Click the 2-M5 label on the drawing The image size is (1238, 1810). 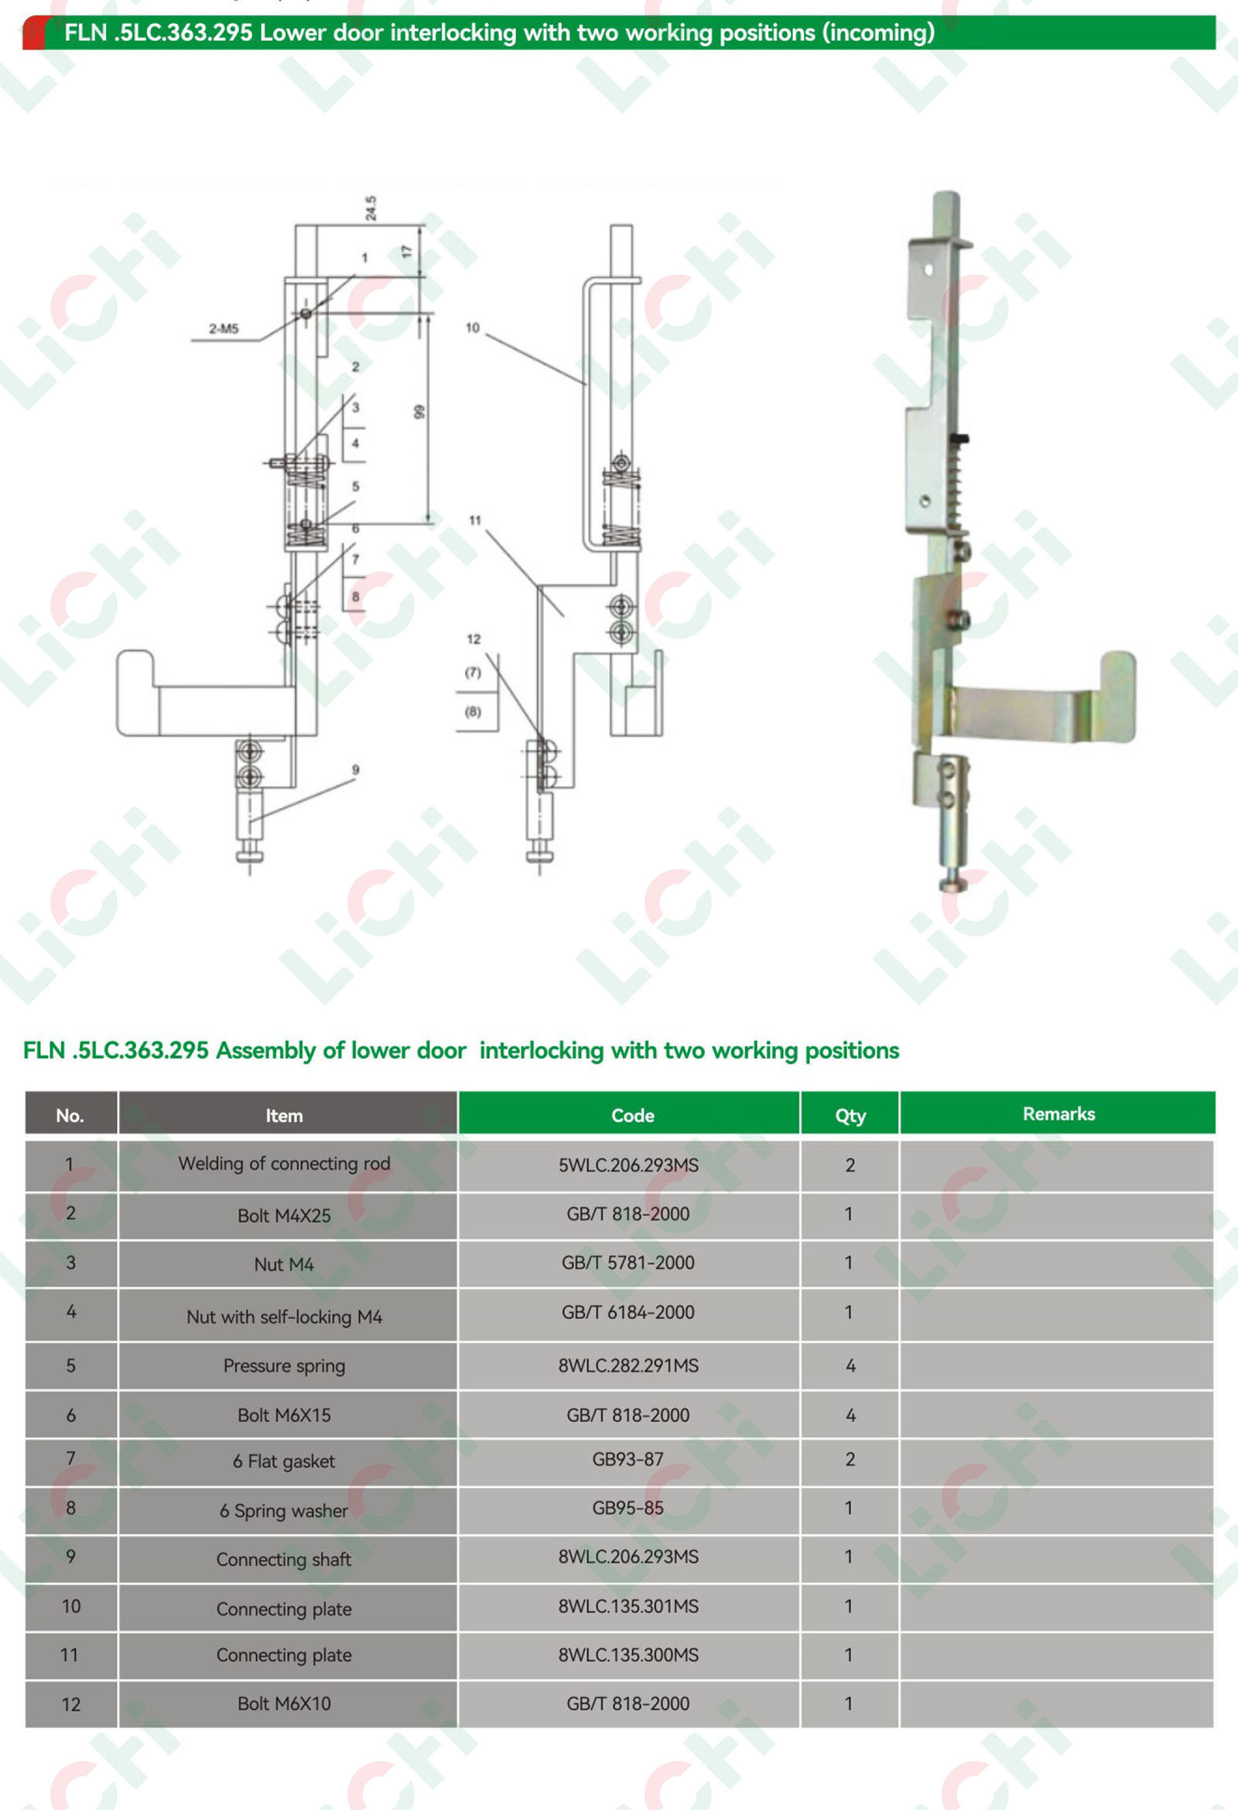(x=224, y=329)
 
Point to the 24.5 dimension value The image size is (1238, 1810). (x=371, y=208)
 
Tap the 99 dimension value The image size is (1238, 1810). (x=419, y=411)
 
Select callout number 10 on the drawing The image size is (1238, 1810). (x=473, y=328)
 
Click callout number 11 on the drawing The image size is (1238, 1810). (x=475, y=520)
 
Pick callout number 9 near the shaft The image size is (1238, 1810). (x=356, y=770)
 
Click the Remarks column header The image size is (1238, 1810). (x=1059, y=1114)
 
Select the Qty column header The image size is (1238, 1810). (x=850, y=1116)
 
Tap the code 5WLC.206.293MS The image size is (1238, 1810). (x=628, y=1165)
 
